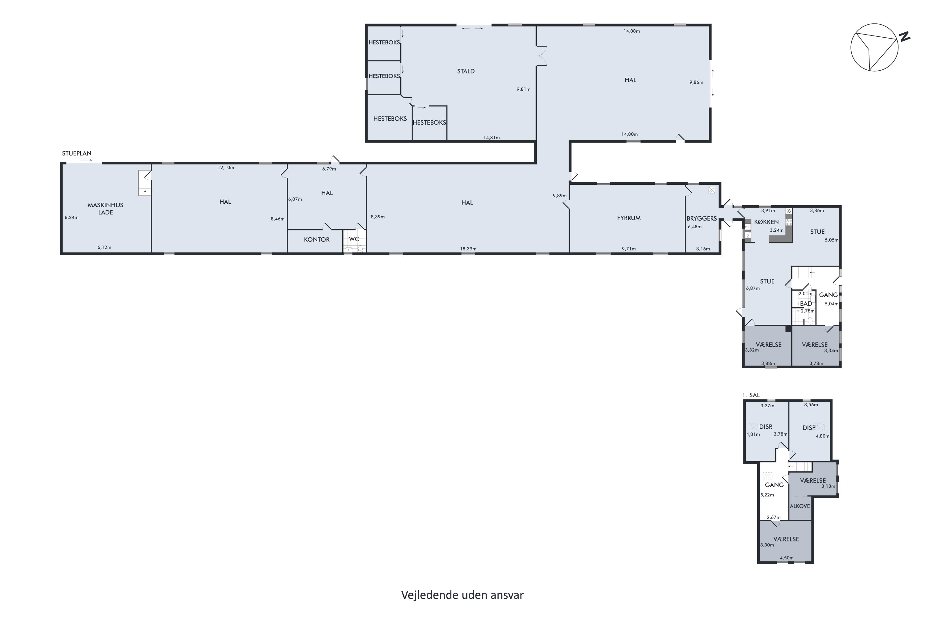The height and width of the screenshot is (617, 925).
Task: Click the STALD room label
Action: click(466, 71)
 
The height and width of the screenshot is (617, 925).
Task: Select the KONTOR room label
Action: click(317, 240)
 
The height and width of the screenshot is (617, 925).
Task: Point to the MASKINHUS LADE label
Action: click(105, 209)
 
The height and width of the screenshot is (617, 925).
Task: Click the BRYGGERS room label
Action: click(702, 218)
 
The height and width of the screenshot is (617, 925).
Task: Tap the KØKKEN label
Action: click(767, 222)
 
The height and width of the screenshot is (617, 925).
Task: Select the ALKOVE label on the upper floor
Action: click(800, 506)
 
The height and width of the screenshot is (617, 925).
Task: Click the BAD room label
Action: click(806, 304)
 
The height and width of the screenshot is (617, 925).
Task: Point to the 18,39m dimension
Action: click(468, 249)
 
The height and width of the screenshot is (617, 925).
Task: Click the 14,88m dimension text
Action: click(631, 31)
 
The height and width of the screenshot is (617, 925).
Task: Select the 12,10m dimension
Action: click(226, 168)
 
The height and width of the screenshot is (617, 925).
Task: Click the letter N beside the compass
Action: click(905, 37)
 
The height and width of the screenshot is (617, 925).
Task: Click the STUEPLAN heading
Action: click(77, 153)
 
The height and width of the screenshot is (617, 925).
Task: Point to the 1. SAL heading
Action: click(751, 395)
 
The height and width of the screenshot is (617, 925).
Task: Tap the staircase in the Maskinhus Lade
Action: click(144, 183)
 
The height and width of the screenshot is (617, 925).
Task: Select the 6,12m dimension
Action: click(105, 247)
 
